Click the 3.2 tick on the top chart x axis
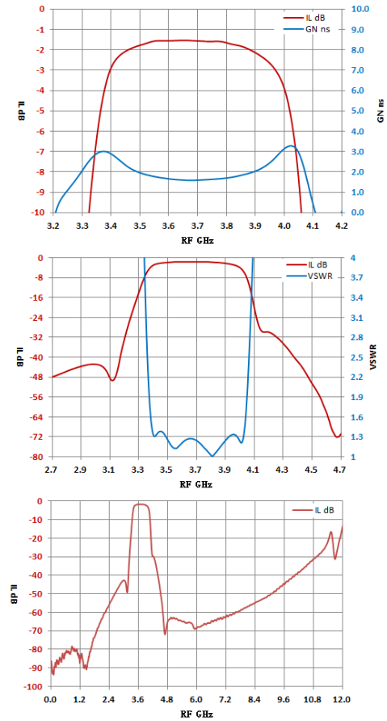(x=53, y=226)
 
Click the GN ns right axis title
(x=381, y=111)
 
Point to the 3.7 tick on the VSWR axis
(x=355, y=278)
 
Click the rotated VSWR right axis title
(x=372, y=356)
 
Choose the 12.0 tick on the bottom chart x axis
(x=343, y=699)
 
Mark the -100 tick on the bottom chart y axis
(x=37, y=686)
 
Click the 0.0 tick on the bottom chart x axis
(x=51, y=699)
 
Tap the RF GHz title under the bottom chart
(x=196, y=715)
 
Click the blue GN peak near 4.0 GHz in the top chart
(x=291, y=145)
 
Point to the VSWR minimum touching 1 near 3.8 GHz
(x=212, y=456)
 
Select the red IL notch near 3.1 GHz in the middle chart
(x=112, y=380)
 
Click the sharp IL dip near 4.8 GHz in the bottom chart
(x=165, y=634)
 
